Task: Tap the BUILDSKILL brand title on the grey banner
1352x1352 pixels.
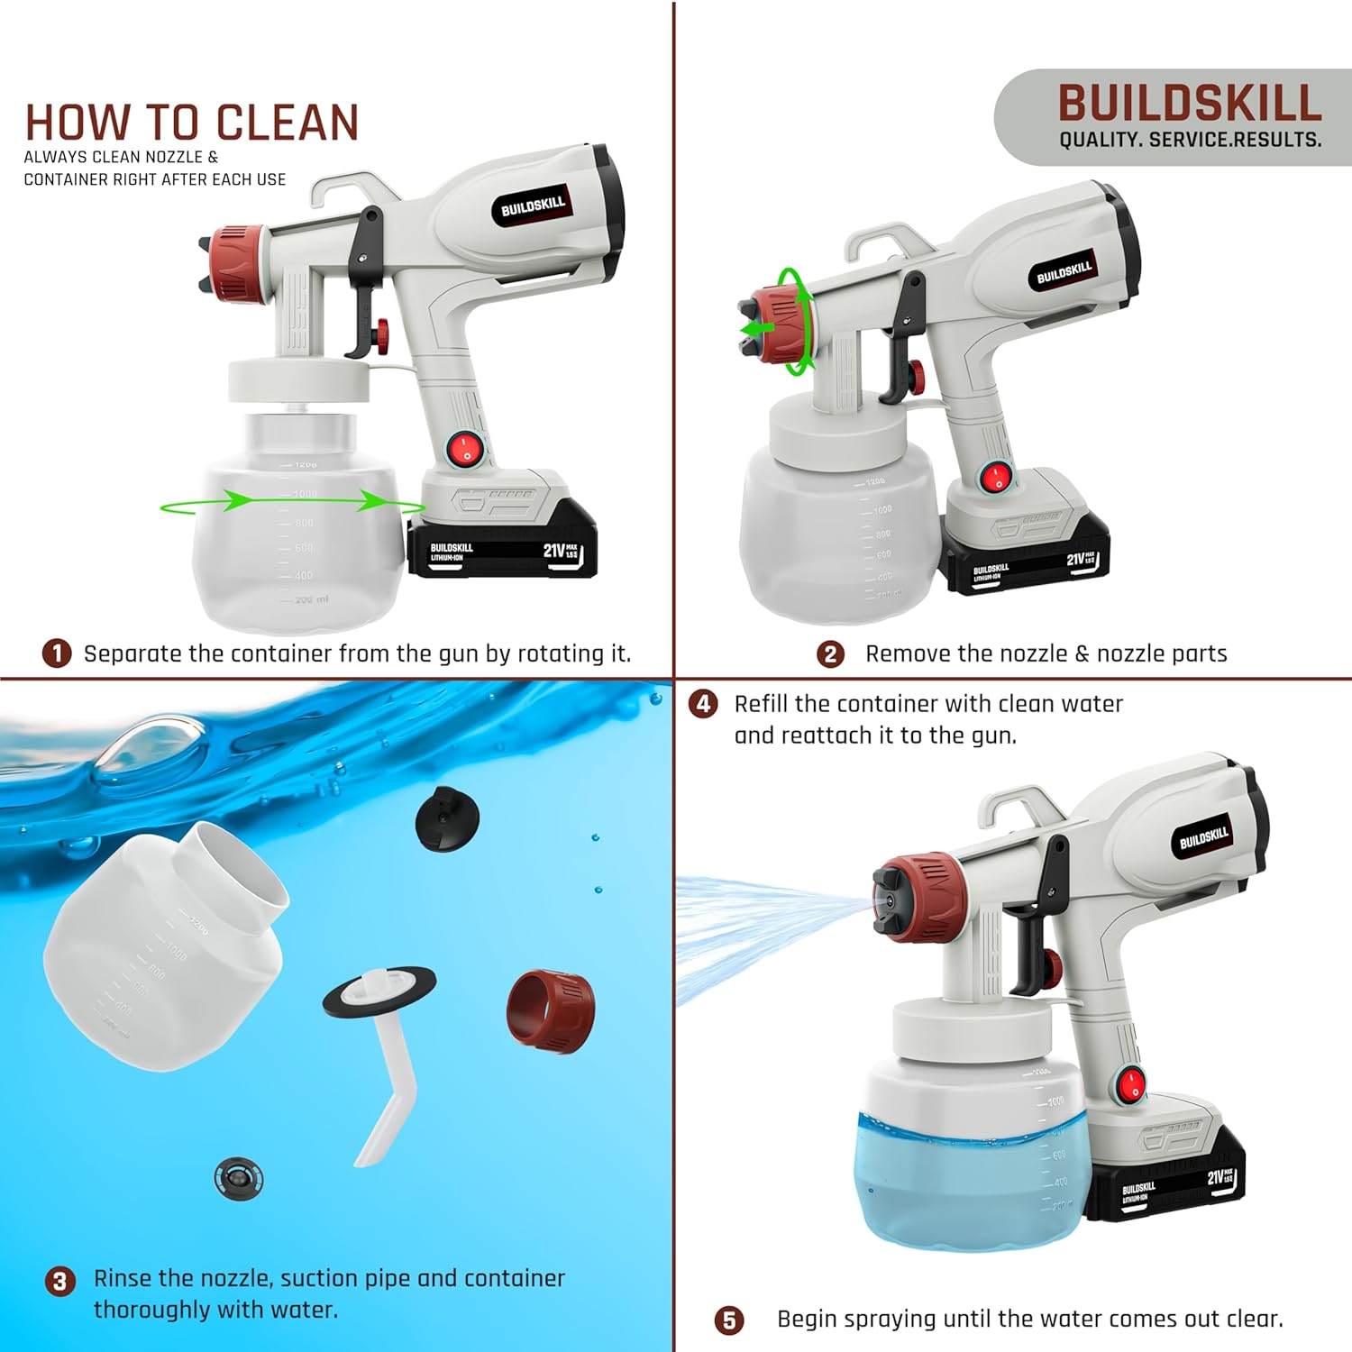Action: (1189, 103)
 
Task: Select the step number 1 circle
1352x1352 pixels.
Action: (57, 653)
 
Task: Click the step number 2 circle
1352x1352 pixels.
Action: (830, 654)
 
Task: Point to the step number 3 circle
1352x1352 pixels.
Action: (59, 1281)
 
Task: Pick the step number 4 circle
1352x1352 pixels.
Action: (703, 704)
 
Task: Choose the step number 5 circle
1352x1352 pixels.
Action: (728, 1320)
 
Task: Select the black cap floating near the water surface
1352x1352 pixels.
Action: (447, 818)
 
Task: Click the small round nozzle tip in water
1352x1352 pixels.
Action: (239, 1177)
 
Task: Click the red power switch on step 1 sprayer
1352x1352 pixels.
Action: (465, 448)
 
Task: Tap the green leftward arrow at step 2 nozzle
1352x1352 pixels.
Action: (756, 329)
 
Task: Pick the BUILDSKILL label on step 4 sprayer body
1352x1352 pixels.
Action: (1204, 838)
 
